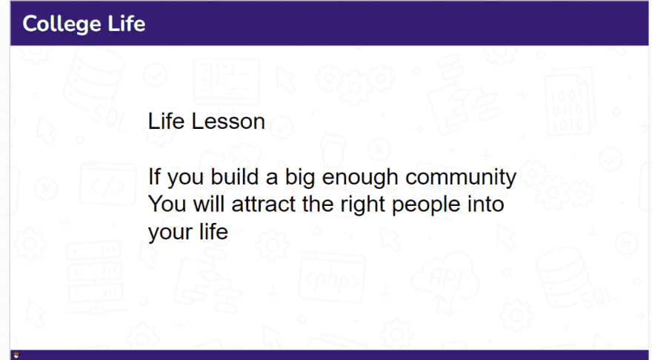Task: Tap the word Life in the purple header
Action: [127, 23]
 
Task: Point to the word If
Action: [154, 177]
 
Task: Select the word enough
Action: [359, 179]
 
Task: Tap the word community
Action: [461, 179]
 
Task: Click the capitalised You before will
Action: [167, 204]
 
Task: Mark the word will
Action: [209, 204]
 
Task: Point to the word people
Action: [426, 206]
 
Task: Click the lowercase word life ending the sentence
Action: [213, 232]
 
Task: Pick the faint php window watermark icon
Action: [332, 277]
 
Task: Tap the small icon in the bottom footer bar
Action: [16, 355]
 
